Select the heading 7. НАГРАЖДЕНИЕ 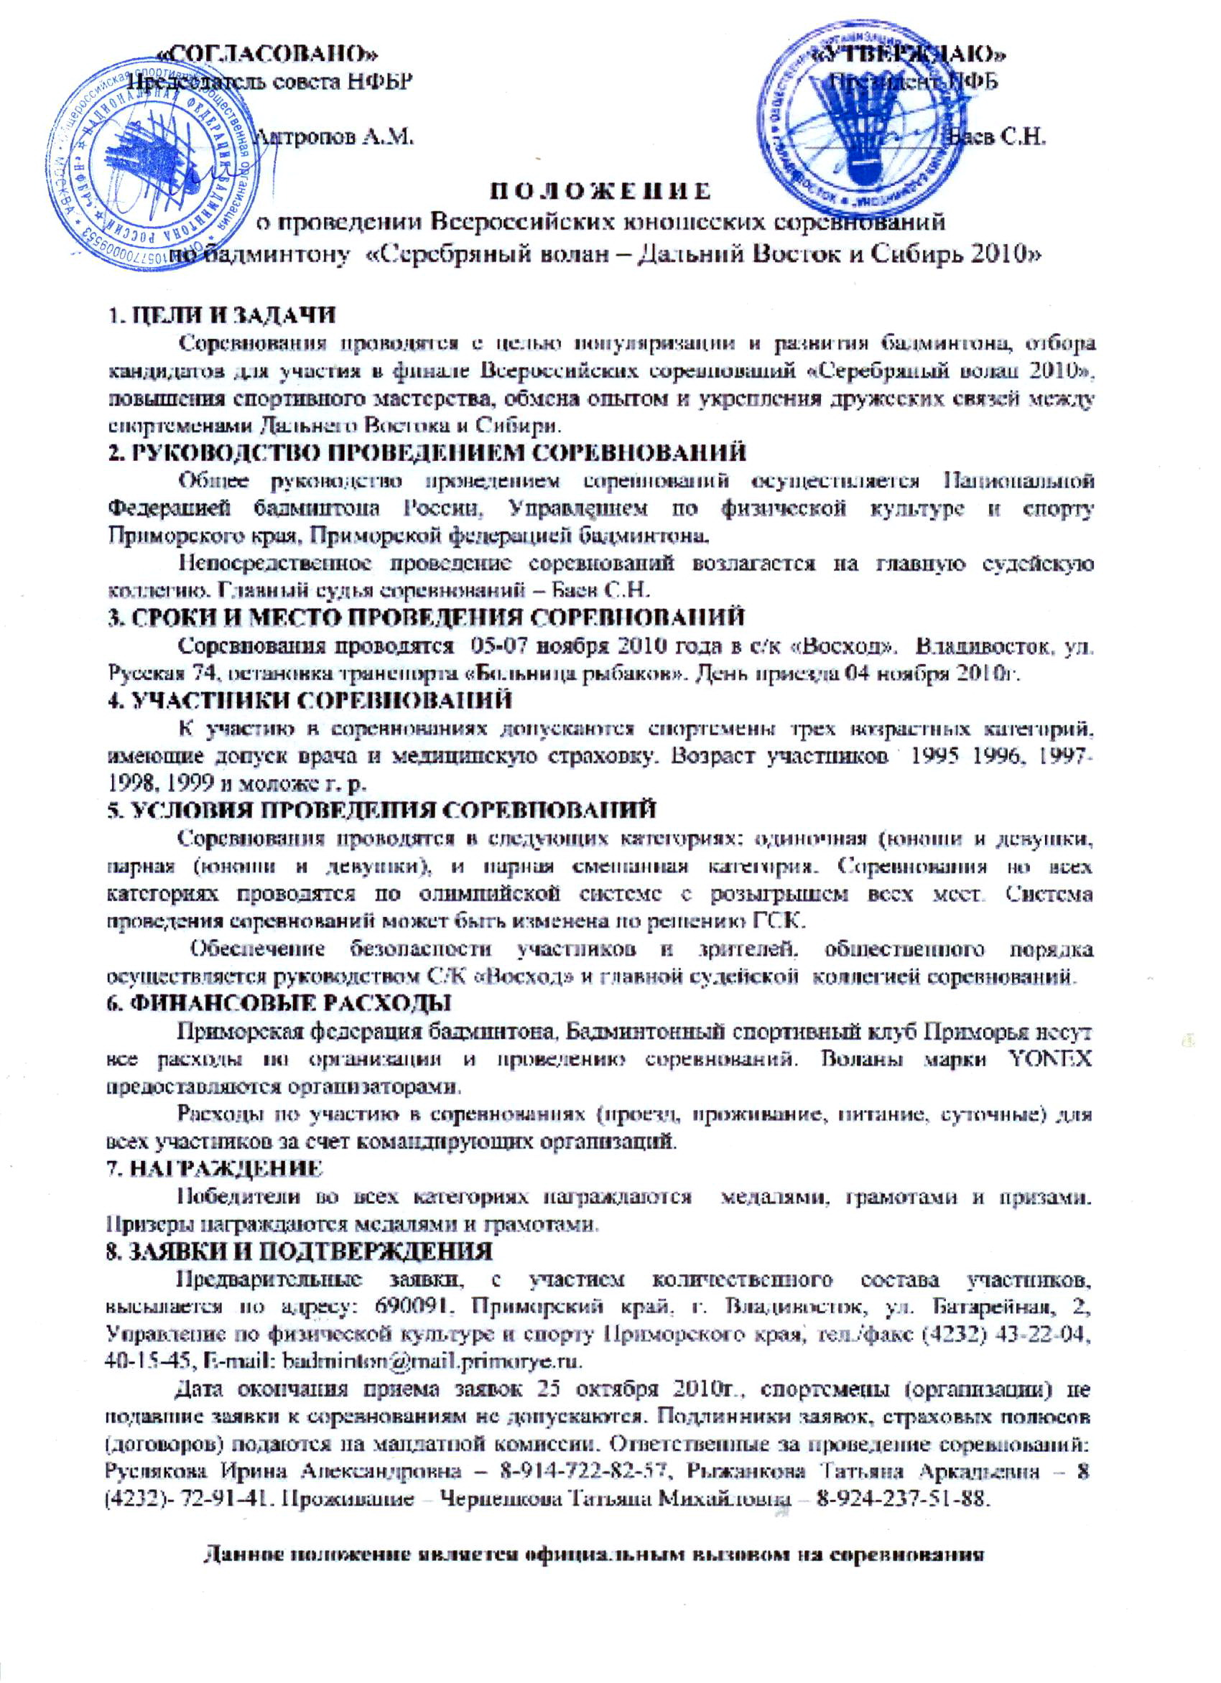[x=216, y=1169]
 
